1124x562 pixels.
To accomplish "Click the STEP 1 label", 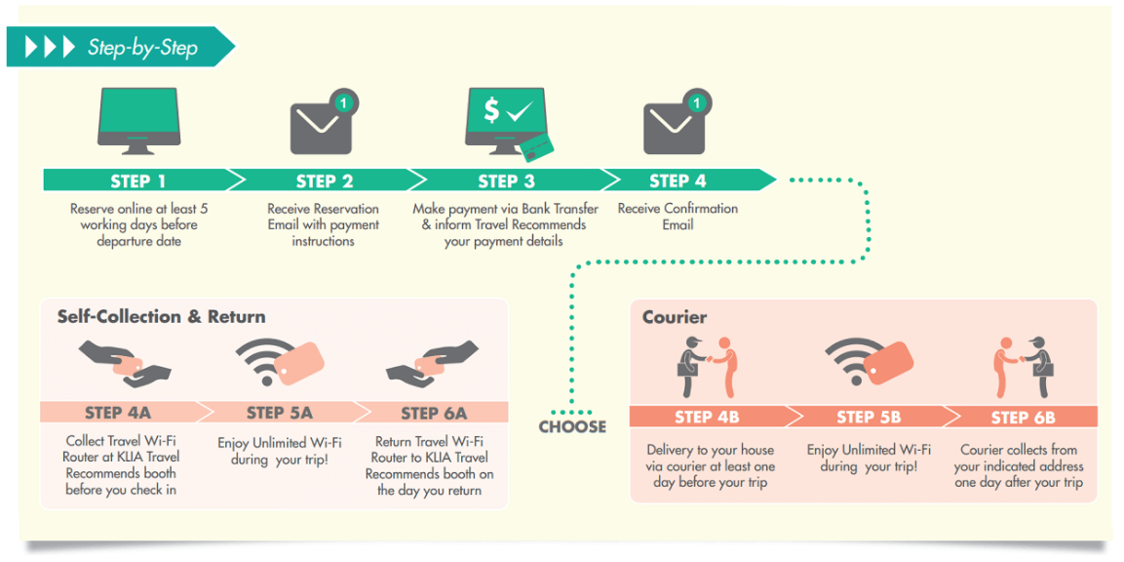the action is (x=137, y=181).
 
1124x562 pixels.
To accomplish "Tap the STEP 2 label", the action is (x=324, y=181).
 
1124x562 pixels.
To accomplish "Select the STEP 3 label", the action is (x=506, y=181).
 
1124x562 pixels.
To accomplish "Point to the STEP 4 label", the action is (x=678, y=181).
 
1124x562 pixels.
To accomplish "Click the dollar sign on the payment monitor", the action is (x=491, y=111).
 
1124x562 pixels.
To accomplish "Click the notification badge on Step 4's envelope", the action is (x=696, y=101).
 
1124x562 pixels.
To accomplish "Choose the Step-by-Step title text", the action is (x=142, y=47).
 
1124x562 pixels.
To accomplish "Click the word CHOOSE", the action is (x=572, y=427).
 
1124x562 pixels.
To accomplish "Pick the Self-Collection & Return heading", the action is (x=161, y=317).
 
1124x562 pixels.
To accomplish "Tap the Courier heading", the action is (x=675, y=317).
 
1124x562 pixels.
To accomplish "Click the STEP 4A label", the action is (x=117, y=413).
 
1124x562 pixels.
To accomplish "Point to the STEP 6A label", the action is (x=434, y=413).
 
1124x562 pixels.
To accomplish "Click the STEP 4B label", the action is (x=707, y=418).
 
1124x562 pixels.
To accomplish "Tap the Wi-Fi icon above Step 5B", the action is (x=868, y=365).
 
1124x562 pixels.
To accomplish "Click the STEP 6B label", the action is (x=1023, y=418).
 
